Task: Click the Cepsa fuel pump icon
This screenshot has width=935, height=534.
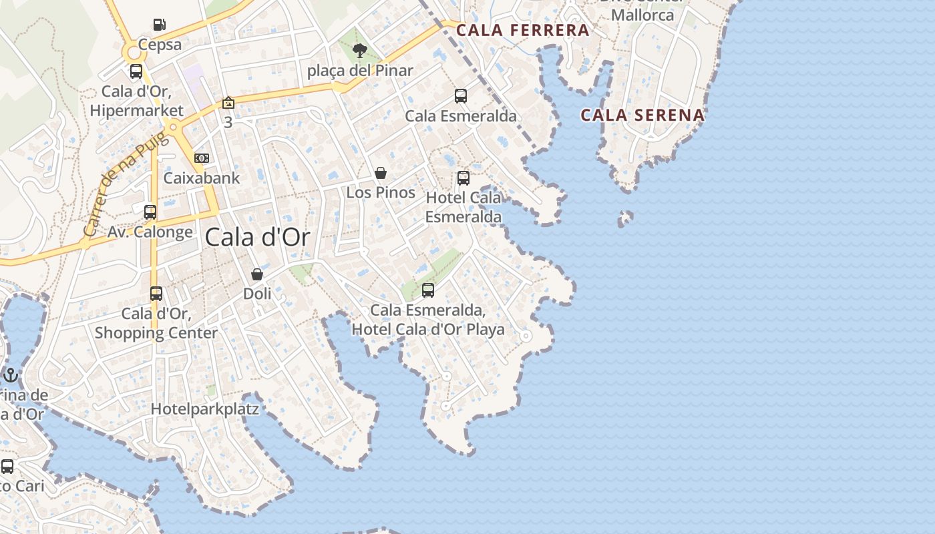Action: [159, 25]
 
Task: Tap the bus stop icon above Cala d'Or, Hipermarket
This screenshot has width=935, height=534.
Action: [136, 71]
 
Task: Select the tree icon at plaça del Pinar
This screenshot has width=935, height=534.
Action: [359, 50]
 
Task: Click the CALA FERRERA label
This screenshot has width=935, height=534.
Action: [523, 30]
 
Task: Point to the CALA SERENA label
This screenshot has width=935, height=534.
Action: [642, 115]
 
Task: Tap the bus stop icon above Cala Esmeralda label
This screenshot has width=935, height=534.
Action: [461, 95]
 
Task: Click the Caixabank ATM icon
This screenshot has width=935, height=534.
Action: [201, 158]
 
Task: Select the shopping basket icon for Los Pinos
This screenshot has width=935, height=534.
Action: [381, 173]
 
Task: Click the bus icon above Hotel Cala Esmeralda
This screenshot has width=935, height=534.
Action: [463, 178]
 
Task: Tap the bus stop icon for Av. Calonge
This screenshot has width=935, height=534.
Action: [150, 212]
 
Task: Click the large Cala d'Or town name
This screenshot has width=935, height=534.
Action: [258, 237]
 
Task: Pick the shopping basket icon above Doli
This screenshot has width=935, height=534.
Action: [257, 274]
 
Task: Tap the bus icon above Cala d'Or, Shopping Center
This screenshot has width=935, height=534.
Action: [156, 293]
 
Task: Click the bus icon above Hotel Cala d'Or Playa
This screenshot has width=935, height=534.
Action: [428, 290]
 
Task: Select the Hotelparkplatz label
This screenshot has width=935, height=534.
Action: [205, 409]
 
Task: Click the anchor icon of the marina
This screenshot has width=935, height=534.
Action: [10, 376]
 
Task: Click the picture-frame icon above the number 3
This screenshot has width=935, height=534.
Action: [228, 103]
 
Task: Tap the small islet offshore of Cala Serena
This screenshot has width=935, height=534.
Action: [625, 218]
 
